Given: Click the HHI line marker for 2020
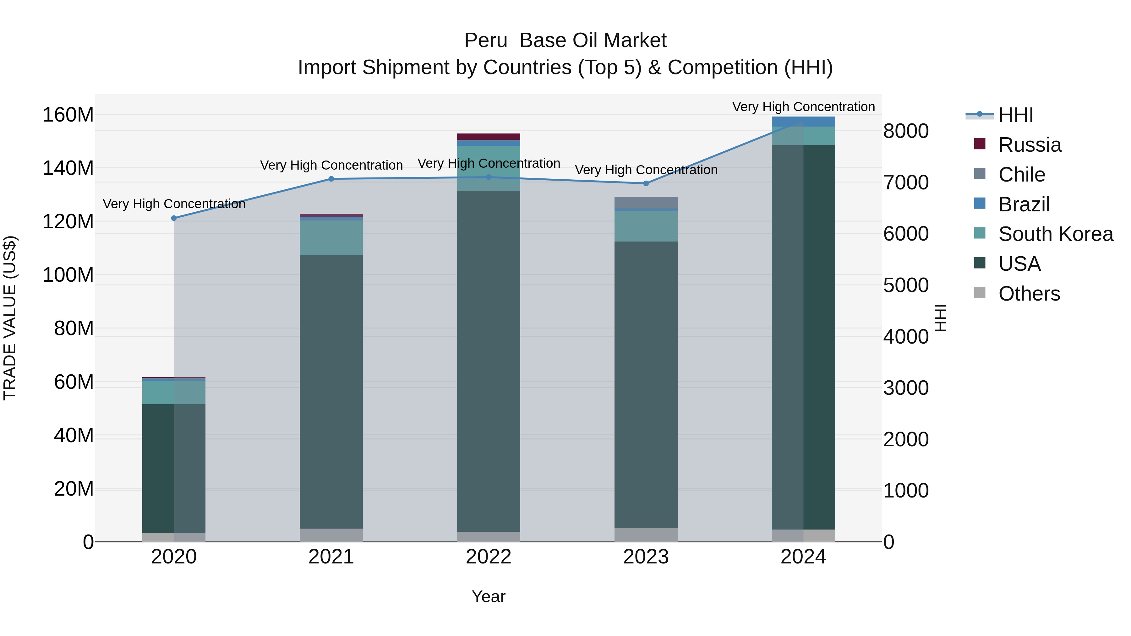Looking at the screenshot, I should click(174, 218).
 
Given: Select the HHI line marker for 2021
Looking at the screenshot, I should click(331, 179).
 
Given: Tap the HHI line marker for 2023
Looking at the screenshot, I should click(646, 183).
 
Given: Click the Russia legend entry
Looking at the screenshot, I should click(1030, 145).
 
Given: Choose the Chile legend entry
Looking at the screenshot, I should click(1021, 175).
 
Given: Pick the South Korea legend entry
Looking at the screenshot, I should click(1056, 234).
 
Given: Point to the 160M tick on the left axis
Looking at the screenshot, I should click(68, 115).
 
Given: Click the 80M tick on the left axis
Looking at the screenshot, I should click(74, 328).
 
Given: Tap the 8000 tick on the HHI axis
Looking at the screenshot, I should click(906, 131).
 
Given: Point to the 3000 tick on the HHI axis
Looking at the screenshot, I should click(906, 388).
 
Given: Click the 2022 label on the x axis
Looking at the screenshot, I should click(488, 557).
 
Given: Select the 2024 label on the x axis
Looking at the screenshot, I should click(803, 557).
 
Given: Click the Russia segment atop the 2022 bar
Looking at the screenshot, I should click(488, 137).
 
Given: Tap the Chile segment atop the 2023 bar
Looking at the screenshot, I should click(646, 202).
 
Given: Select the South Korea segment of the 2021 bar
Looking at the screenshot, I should click(331, 237).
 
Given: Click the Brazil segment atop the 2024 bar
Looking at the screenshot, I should click(803, 122).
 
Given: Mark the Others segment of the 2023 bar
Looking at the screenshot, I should click(646, 534).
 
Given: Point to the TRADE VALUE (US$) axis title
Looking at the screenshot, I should click(10, 318).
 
